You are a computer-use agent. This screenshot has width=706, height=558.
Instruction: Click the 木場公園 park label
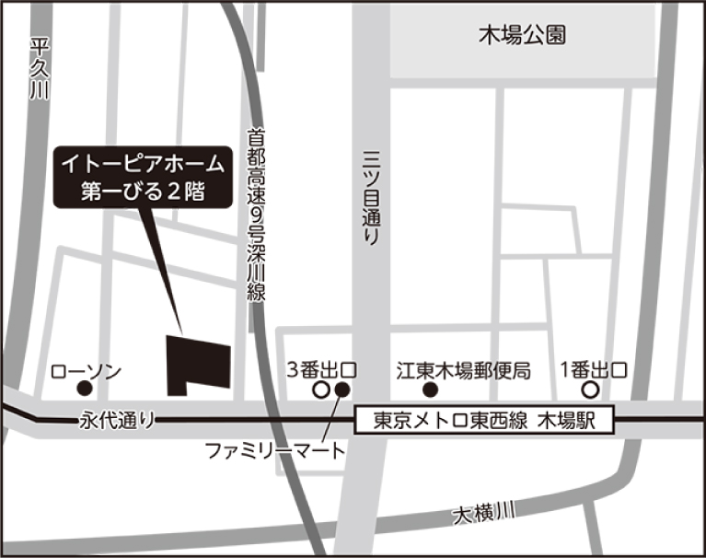click(522, 36)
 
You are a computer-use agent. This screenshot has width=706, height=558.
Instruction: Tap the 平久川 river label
click(38, 69)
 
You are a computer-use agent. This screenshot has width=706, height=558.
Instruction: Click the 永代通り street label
click(117, 421)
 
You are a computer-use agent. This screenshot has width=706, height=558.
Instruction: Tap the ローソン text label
click(86, 370)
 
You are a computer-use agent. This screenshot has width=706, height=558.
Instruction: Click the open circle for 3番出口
click(321, 390)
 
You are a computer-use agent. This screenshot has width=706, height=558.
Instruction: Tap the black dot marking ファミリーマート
click(342, 390)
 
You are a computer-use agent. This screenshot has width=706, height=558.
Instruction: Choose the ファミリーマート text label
click(274, 452)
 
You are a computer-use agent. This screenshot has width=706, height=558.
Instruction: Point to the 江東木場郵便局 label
click(464, 370)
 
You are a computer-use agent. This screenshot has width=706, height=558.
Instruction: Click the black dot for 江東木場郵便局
click(428, 390)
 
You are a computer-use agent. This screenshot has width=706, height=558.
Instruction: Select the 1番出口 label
click(595, 370)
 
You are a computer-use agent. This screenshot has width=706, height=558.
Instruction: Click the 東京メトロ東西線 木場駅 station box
click(485, 421)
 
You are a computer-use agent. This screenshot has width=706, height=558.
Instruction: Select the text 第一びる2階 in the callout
click(142, 192)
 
